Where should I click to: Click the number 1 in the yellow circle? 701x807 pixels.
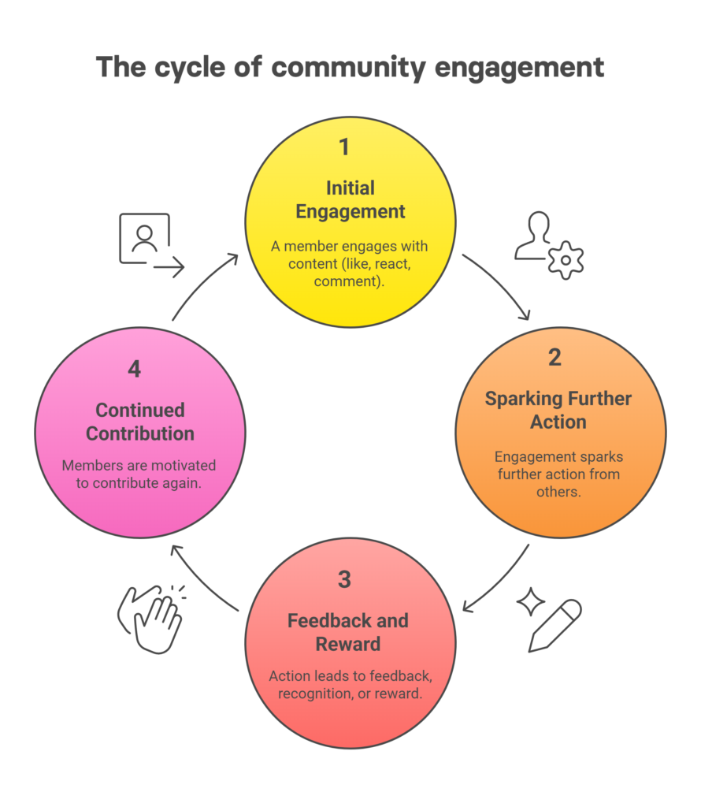tap(343, 147)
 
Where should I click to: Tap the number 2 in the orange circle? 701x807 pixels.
tap(554, 358)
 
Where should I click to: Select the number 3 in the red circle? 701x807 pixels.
tap(345, 579)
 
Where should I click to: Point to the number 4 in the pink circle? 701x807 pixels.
tap(135, 369)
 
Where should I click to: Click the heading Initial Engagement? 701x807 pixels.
tap(350, 199)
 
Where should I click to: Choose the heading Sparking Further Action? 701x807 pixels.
tap(558, 410)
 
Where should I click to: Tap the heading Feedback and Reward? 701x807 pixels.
tap(348, 632)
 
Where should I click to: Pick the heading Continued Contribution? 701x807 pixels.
tap(140, 422)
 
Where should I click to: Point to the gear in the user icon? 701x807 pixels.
tap(566, 261)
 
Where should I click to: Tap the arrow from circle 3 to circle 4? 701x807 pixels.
tap(201, 575)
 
